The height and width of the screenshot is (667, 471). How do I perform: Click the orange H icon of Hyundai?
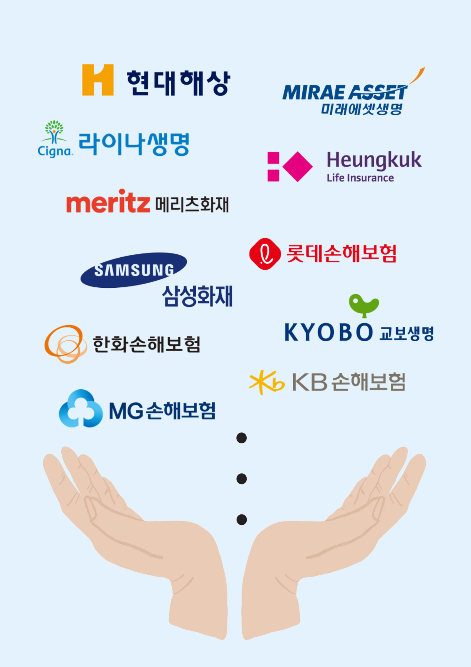[x=98, y=80]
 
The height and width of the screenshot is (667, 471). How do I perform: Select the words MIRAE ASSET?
[x=344, y=93]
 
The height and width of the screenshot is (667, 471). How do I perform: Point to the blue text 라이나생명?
[x=134, y=144]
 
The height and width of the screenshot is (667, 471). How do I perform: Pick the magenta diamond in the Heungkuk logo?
[x=298, y=167]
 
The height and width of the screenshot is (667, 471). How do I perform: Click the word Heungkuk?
[x=374, y=160]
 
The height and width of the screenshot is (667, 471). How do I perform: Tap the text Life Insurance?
[x=360, y=178]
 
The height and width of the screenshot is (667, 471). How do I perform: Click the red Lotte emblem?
[x=265, y=254]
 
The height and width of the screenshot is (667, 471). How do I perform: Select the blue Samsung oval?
[x=134, y=270]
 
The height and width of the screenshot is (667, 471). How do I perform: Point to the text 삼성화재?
[x=197, y=296]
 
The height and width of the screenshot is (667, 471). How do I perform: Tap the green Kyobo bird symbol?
[x=364, y=305]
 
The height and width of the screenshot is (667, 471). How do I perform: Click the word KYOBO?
[x=329, y=332]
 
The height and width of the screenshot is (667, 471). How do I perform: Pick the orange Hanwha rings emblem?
[x=66, y=344]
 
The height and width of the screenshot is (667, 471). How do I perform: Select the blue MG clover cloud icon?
[x=81, y=409]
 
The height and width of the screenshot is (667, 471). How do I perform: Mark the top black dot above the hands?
[x=241, y=438]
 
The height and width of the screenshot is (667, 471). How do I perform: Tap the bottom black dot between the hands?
[x=241, y=520]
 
